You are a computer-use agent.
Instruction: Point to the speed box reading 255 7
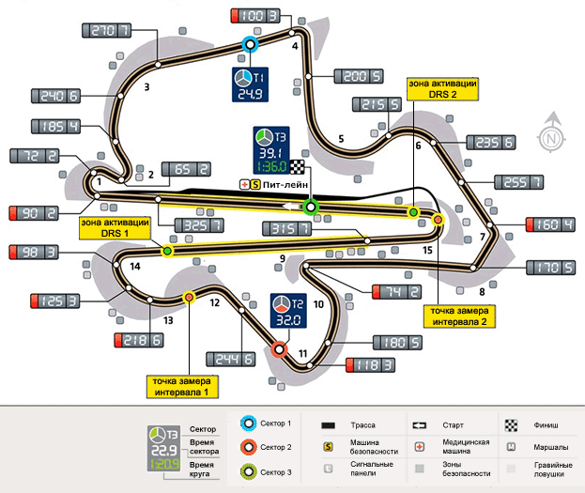pos(495,183)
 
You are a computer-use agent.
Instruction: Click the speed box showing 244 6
pos(229,359)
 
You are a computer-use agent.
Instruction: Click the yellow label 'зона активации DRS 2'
pos(443,89)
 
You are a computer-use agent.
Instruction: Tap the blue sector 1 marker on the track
pos(250,44)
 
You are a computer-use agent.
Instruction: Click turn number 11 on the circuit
pos(303,354)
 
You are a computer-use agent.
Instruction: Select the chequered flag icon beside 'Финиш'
pos(511,424)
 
